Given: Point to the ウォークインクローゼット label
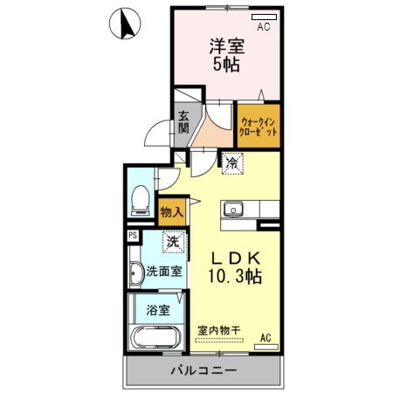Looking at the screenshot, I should click(259, 123).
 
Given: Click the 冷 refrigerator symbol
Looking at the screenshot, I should click(232, 162).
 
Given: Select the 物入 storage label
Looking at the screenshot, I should click(171, 210).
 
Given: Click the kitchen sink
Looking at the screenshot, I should click(233, 210).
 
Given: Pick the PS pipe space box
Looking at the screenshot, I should click(133, 235).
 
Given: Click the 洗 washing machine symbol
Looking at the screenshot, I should click(174, 242).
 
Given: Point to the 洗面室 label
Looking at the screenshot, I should click(164, 271).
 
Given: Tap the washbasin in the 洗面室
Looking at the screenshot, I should click(135, 273).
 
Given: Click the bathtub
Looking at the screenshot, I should click(155, 339).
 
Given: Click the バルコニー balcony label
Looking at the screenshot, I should click(203, 370).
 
